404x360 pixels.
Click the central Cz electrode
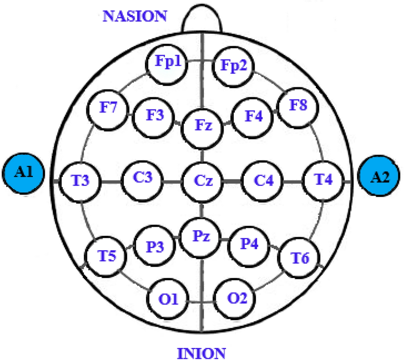tap(202, 181)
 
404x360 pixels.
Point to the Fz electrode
tap(202, 126)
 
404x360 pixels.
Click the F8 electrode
tap(298, 107)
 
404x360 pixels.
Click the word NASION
tap(135, 16)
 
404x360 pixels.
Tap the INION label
tap(202, 352)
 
